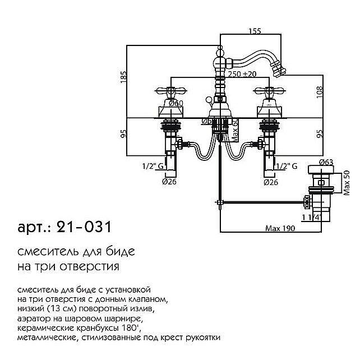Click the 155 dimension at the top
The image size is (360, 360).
coord(255,31)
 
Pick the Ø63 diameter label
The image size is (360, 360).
coord(326,163)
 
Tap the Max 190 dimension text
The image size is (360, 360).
coord(280,228)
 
